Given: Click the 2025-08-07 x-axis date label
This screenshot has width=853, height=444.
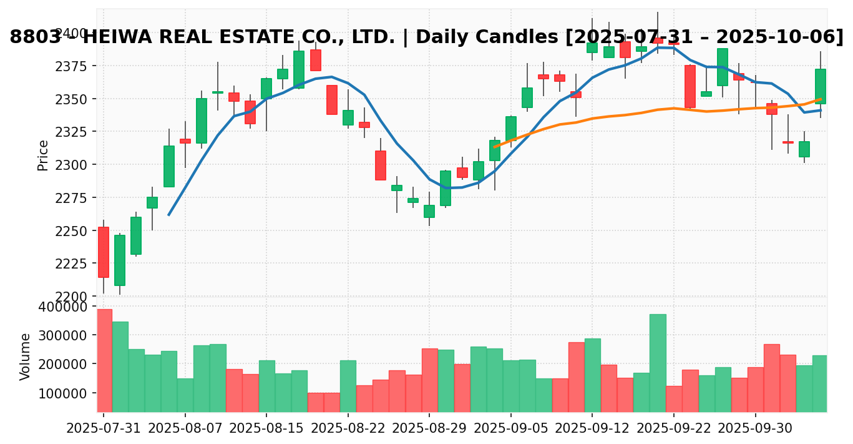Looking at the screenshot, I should point(185,429).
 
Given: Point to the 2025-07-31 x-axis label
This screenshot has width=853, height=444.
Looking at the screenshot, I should point(104,429).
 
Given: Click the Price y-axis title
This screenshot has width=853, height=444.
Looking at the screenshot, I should point(43,155).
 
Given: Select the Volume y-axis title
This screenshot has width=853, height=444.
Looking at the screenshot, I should point(26,357).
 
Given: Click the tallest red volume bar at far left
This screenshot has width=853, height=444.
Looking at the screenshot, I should point(104,360).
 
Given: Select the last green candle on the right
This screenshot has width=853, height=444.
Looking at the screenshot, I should point(820,86).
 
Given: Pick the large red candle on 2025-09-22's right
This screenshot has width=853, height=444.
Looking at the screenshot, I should point(690,86).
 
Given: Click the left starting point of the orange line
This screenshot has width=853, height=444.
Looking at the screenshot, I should point(495,147).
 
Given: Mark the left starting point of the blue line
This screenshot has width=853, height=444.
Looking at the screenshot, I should point(169,215).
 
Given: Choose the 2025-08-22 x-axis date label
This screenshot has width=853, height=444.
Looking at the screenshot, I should point(348,429).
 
